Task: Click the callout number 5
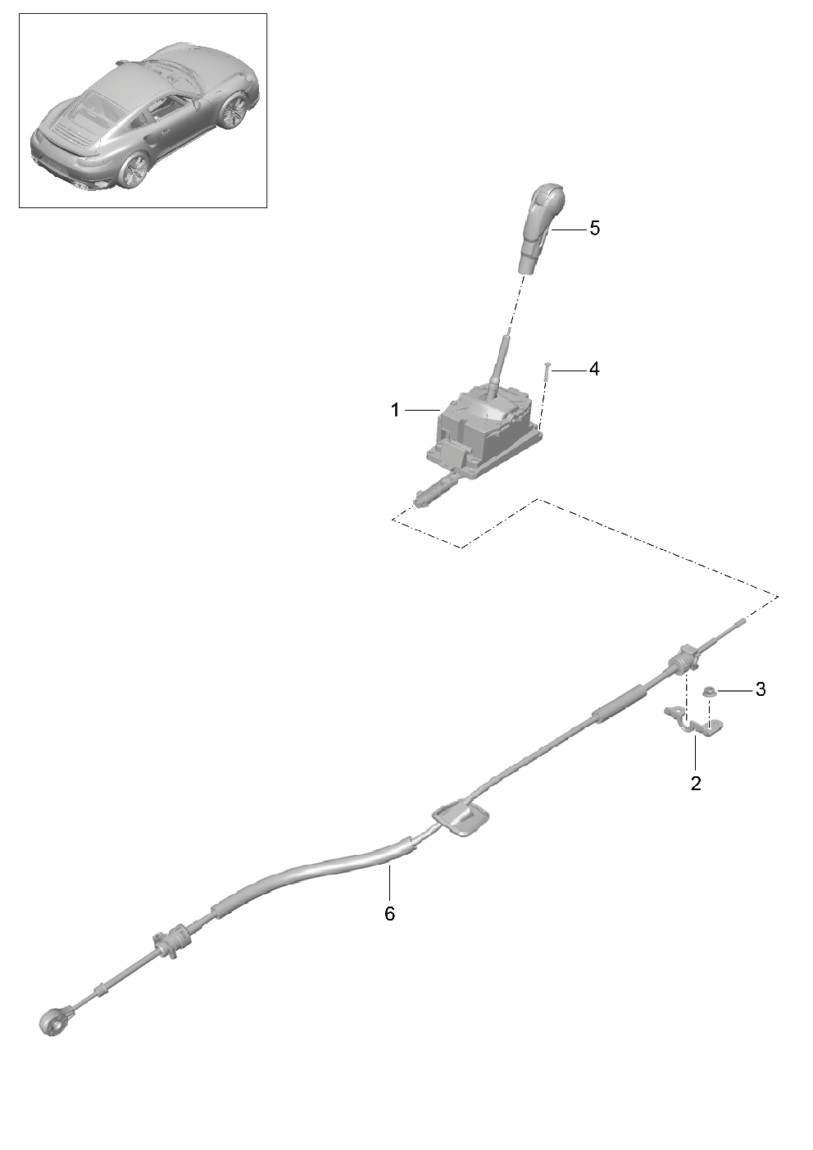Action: pos(594,229)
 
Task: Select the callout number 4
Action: pos(594,369)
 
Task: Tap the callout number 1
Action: pos(395,410)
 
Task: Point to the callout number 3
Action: pos(760,689)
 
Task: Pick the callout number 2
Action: pos(696,784)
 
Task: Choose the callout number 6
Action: pos(389,914)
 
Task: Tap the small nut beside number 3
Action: pos(709,692)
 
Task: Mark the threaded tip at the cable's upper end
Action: pos(739,623)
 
